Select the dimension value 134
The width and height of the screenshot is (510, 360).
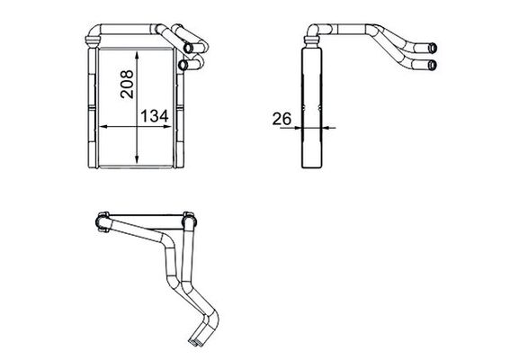click(154, 116)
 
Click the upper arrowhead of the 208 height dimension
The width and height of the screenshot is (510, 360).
click(136, 54)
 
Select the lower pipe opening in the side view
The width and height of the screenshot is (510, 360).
click(435, 63)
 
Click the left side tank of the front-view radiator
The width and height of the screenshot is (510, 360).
click(91, 108)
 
